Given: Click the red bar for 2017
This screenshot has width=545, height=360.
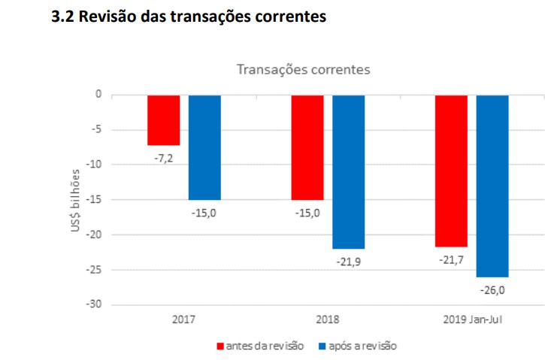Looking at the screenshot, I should (x=163, y=119).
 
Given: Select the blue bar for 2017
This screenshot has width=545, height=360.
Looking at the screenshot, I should (x=204, y=147).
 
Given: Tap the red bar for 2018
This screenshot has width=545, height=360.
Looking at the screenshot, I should (x=307, y=147).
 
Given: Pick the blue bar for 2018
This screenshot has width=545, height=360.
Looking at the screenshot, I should (x=348, y=171).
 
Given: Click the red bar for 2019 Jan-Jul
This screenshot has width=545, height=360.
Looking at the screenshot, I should (x=451, y=171).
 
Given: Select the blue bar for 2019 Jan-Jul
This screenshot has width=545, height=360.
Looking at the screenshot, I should (x=492, y=186).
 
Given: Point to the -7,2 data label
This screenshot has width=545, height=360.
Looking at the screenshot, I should (x=163, y=159).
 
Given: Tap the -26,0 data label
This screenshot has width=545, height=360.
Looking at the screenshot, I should (x=492, y=289).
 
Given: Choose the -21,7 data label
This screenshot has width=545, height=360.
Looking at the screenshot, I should (x=451, y=259).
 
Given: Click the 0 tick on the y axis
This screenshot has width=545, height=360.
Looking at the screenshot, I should (x=98, y=95).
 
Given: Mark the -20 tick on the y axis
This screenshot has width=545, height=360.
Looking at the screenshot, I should (x=94, y=234).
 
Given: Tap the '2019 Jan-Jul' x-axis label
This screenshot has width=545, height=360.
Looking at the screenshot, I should (x=471, y=319).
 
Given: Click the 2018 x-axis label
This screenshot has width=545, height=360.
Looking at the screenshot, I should (x=328, y=319).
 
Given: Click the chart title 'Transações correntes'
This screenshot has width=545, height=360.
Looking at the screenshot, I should (x=303, y=70).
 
